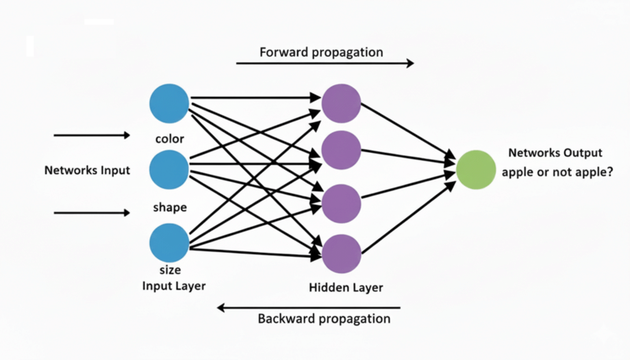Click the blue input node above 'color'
pos(169,103)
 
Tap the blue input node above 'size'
pos(169,243)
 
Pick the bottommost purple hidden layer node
pos(341,253)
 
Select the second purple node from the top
pos(341,150)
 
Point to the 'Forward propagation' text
pos(321,52)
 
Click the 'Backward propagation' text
pos(324,319)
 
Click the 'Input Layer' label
pos(174,285)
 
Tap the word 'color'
pos(170,139)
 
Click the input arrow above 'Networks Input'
pos(91,135)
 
